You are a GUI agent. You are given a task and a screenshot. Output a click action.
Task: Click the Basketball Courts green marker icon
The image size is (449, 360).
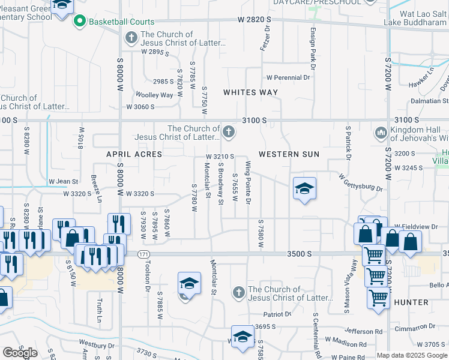(79, 22)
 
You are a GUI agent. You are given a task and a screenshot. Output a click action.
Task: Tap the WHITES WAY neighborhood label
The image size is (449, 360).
(250, 92)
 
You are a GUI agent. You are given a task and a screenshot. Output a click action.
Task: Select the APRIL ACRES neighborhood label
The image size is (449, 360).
(134, 154)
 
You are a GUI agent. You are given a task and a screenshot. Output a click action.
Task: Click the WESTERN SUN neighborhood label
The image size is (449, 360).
(289, 154)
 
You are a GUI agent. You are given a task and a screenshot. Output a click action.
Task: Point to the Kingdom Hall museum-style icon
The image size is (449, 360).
(380, 132)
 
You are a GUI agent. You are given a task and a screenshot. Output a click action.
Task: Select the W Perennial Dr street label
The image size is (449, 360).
(288, 77)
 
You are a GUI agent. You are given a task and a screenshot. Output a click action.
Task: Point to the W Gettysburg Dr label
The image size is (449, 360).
(360, 184)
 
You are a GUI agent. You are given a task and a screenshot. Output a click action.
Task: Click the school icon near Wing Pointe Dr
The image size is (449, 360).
(304, 188)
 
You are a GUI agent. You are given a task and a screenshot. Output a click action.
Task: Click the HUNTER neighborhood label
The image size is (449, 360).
(411, 302)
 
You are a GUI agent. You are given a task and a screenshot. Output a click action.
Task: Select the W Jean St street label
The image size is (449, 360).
(63, 181)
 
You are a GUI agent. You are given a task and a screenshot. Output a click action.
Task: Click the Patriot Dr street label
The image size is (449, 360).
(277, 314)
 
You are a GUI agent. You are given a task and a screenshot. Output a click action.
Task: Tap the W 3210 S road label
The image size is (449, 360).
(219, 157)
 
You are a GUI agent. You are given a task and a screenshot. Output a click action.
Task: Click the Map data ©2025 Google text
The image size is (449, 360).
(412, 355)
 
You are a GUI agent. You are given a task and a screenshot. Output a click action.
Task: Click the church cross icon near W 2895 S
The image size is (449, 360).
(131, 39)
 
